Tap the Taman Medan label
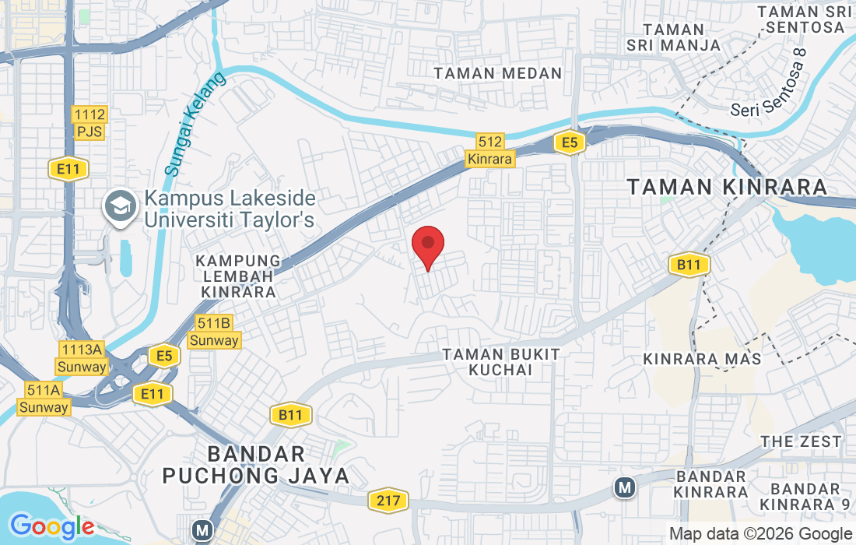coord(498,73)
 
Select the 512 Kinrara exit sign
coord(490,150)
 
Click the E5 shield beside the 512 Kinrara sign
coord(570,142)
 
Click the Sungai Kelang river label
coord(195,123)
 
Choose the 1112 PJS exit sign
coord(89,123)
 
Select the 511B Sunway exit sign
coord(214,332)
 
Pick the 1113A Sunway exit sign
coord(81,358)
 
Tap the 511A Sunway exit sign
coord(44,399)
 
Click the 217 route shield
coord(388,499)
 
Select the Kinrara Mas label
coord(703,359)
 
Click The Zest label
coord(802,441)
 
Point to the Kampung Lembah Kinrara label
coord(238,276)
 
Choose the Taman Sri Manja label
coord(674,37)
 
